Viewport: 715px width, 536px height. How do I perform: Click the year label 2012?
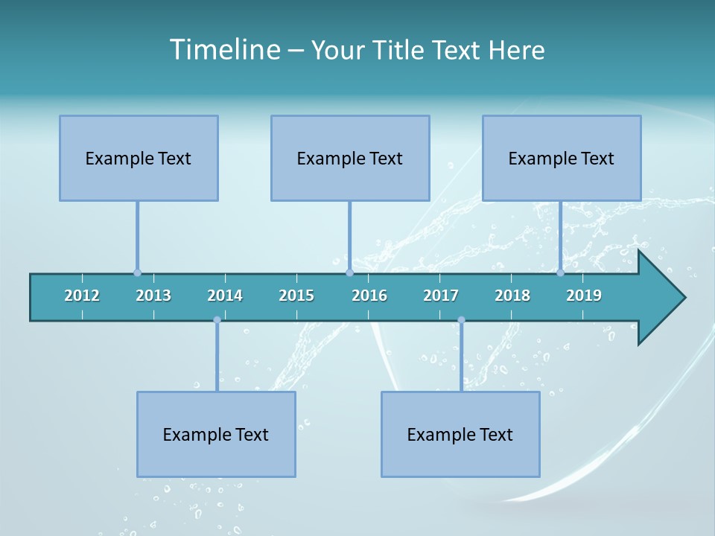click(82, 296)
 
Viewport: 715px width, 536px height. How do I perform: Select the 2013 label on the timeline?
click(153, 296)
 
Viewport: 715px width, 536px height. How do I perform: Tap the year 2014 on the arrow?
click(225, 296)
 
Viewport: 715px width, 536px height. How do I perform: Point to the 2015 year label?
click(296, 296)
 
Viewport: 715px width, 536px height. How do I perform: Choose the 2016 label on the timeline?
click(369, 296)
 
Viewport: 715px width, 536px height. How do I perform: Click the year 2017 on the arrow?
click(441, 296)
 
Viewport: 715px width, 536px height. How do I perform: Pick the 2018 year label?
click(512, 296)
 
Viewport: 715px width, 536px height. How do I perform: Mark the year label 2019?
click(584, 296)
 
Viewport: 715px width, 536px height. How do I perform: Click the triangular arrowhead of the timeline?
click(660, 298)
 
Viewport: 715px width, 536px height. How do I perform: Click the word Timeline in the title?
click(225, 50)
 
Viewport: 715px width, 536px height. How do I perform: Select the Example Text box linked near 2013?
click(139, 158)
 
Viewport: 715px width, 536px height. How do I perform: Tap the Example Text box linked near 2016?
click(350, 158)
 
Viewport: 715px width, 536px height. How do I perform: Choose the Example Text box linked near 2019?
click(562, 158)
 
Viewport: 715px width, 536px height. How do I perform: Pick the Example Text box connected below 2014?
click(216, 434)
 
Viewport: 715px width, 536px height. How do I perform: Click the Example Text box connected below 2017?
click(460, 434)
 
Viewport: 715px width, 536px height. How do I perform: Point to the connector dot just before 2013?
click(137, 273)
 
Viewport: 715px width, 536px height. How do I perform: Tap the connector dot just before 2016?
click(349, 273)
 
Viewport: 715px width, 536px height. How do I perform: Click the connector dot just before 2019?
click(560, 273)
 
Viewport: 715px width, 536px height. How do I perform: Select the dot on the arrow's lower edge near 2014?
click(217, 320)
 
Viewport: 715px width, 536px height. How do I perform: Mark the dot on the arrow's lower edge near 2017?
click(461, 320)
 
